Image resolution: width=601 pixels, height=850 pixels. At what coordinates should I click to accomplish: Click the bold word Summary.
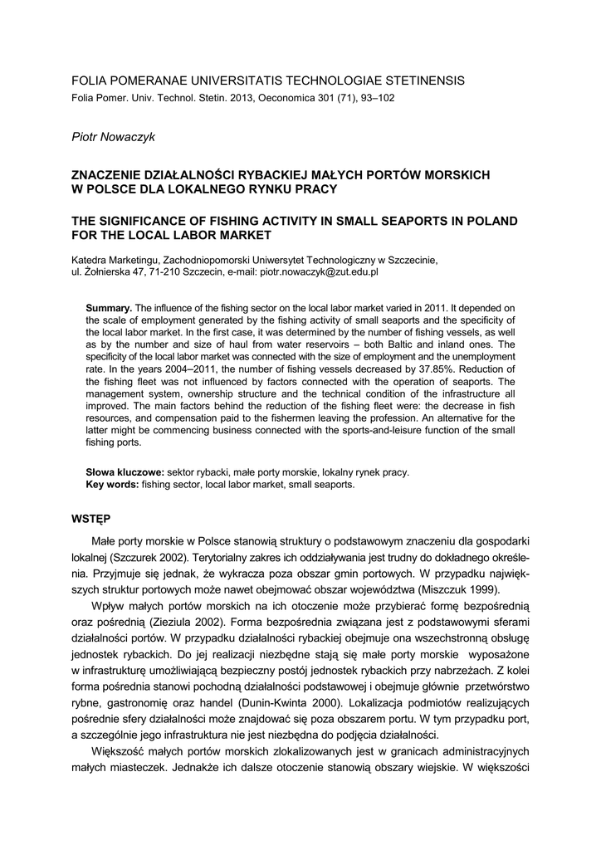(x=109, y=308)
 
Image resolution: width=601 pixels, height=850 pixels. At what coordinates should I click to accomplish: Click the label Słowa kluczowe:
(x=125, y=471)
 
